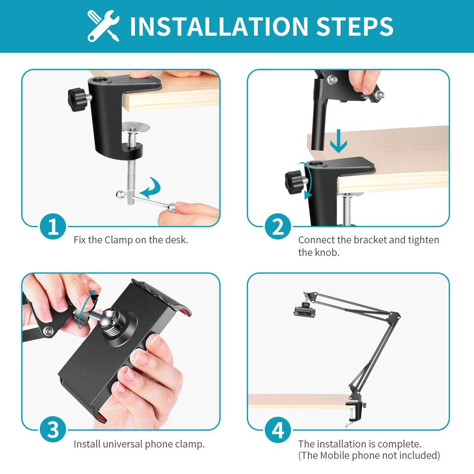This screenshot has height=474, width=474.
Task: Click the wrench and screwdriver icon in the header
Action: click(x=103, y=26)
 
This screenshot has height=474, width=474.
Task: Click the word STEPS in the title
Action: click(x=355, y=26)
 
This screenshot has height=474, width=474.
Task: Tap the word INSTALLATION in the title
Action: click(x=219, y=26)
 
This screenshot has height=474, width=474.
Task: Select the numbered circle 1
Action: click(x=53, y=226)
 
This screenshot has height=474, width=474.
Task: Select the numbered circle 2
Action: click(x=278, y=226)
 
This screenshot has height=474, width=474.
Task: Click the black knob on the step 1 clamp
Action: click(x=77, y=100)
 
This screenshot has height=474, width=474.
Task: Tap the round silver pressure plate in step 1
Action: click(x=135, y=128)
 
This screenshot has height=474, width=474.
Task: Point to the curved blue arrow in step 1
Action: click(x=152, y=188)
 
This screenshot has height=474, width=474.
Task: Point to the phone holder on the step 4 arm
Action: click(x=304, y=311)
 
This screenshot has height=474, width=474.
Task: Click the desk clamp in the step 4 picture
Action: click(x=355, y=412)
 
